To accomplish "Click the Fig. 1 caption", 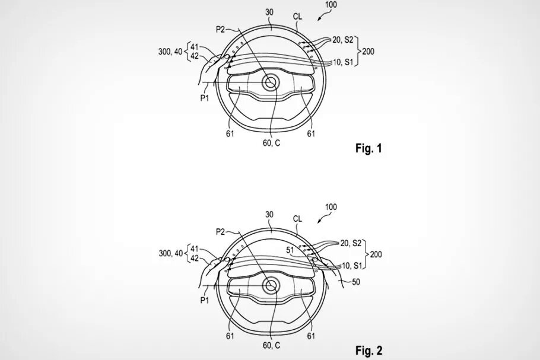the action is pyautogui.click(x=369, y=148).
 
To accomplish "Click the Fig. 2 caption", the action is pyautogui.click(x=369, y=351).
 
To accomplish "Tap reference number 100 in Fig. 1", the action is pyautogui.click(x=331, y=5).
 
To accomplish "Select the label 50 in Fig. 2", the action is pyautogui.click(x=356, y=282).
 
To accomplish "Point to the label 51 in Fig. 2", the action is pyautogui.click(x=290, y=250).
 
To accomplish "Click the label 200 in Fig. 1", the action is pyautogui.click(x=368, y=52).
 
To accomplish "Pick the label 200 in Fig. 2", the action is pyautogui.click(x=376, y=254).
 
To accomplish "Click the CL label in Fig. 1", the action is pyautogui.click(x=297, y=16).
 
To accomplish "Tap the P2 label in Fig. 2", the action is pyautogui.click(x=220, y=232).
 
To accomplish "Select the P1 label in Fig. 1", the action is pyautogui.click(x=205, y=98).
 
